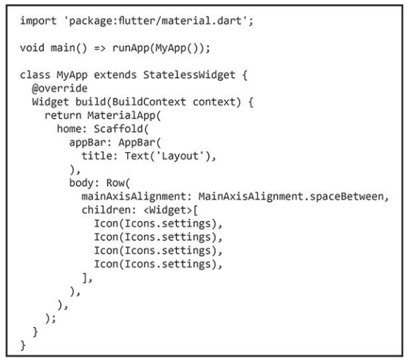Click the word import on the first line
coord(38,21)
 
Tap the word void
coord(32,48)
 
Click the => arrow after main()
coord(99,48)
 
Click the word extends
coord(115,75)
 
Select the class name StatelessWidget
coord(189,75)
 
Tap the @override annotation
coord(59,88)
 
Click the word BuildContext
coord(149,102)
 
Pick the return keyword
coord(63,115)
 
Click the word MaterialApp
coord(121,115)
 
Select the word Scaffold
coord(119,129)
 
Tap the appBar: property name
coord(90,142)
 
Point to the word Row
coord(115,183)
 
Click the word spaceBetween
coord(346,196)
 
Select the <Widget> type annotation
coord(168,210)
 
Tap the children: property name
coord(109,210)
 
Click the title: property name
coord(99,156)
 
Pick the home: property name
coord(72,129)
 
